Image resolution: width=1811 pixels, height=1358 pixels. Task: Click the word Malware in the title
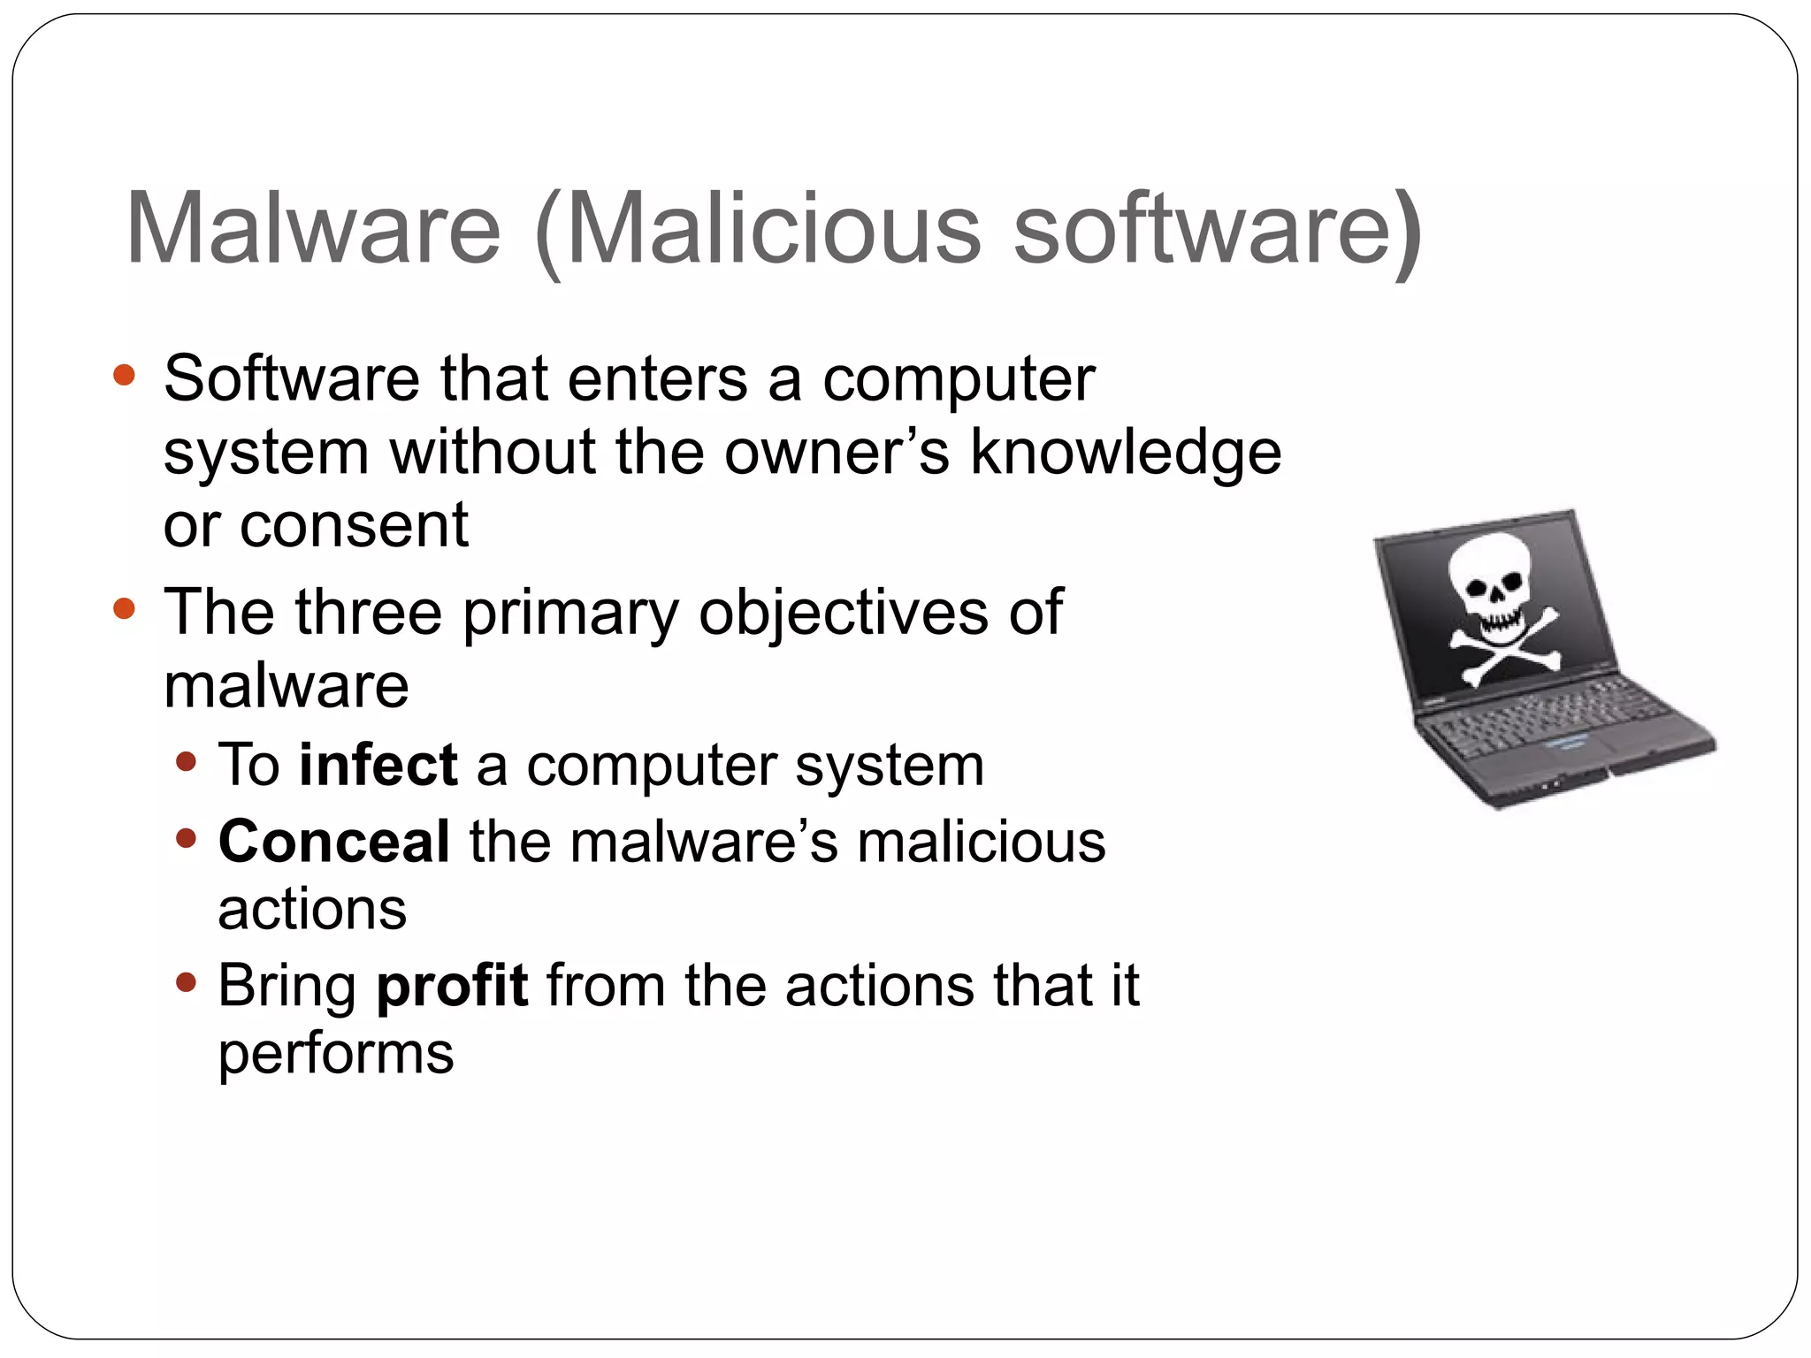click(314, 228)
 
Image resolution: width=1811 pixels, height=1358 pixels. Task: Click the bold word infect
click(378, 765)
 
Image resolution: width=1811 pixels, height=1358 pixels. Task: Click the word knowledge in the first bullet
click(1126, 453)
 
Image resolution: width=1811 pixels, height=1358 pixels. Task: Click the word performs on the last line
click(336, 1054)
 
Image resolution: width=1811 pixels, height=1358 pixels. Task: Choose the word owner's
click(837, 453)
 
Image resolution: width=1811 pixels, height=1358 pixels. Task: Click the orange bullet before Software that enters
click(125, 375)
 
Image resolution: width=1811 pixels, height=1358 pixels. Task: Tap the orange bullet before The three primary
click(125, 609)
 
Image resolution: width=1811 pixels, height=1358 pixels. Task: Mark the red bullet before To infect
click(186, 761)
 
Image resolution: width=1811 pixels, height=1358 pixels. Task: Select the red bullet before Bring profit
click(186, 981)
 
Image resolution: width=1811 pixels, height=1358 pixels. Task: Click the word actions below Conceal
click(312, 910)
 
